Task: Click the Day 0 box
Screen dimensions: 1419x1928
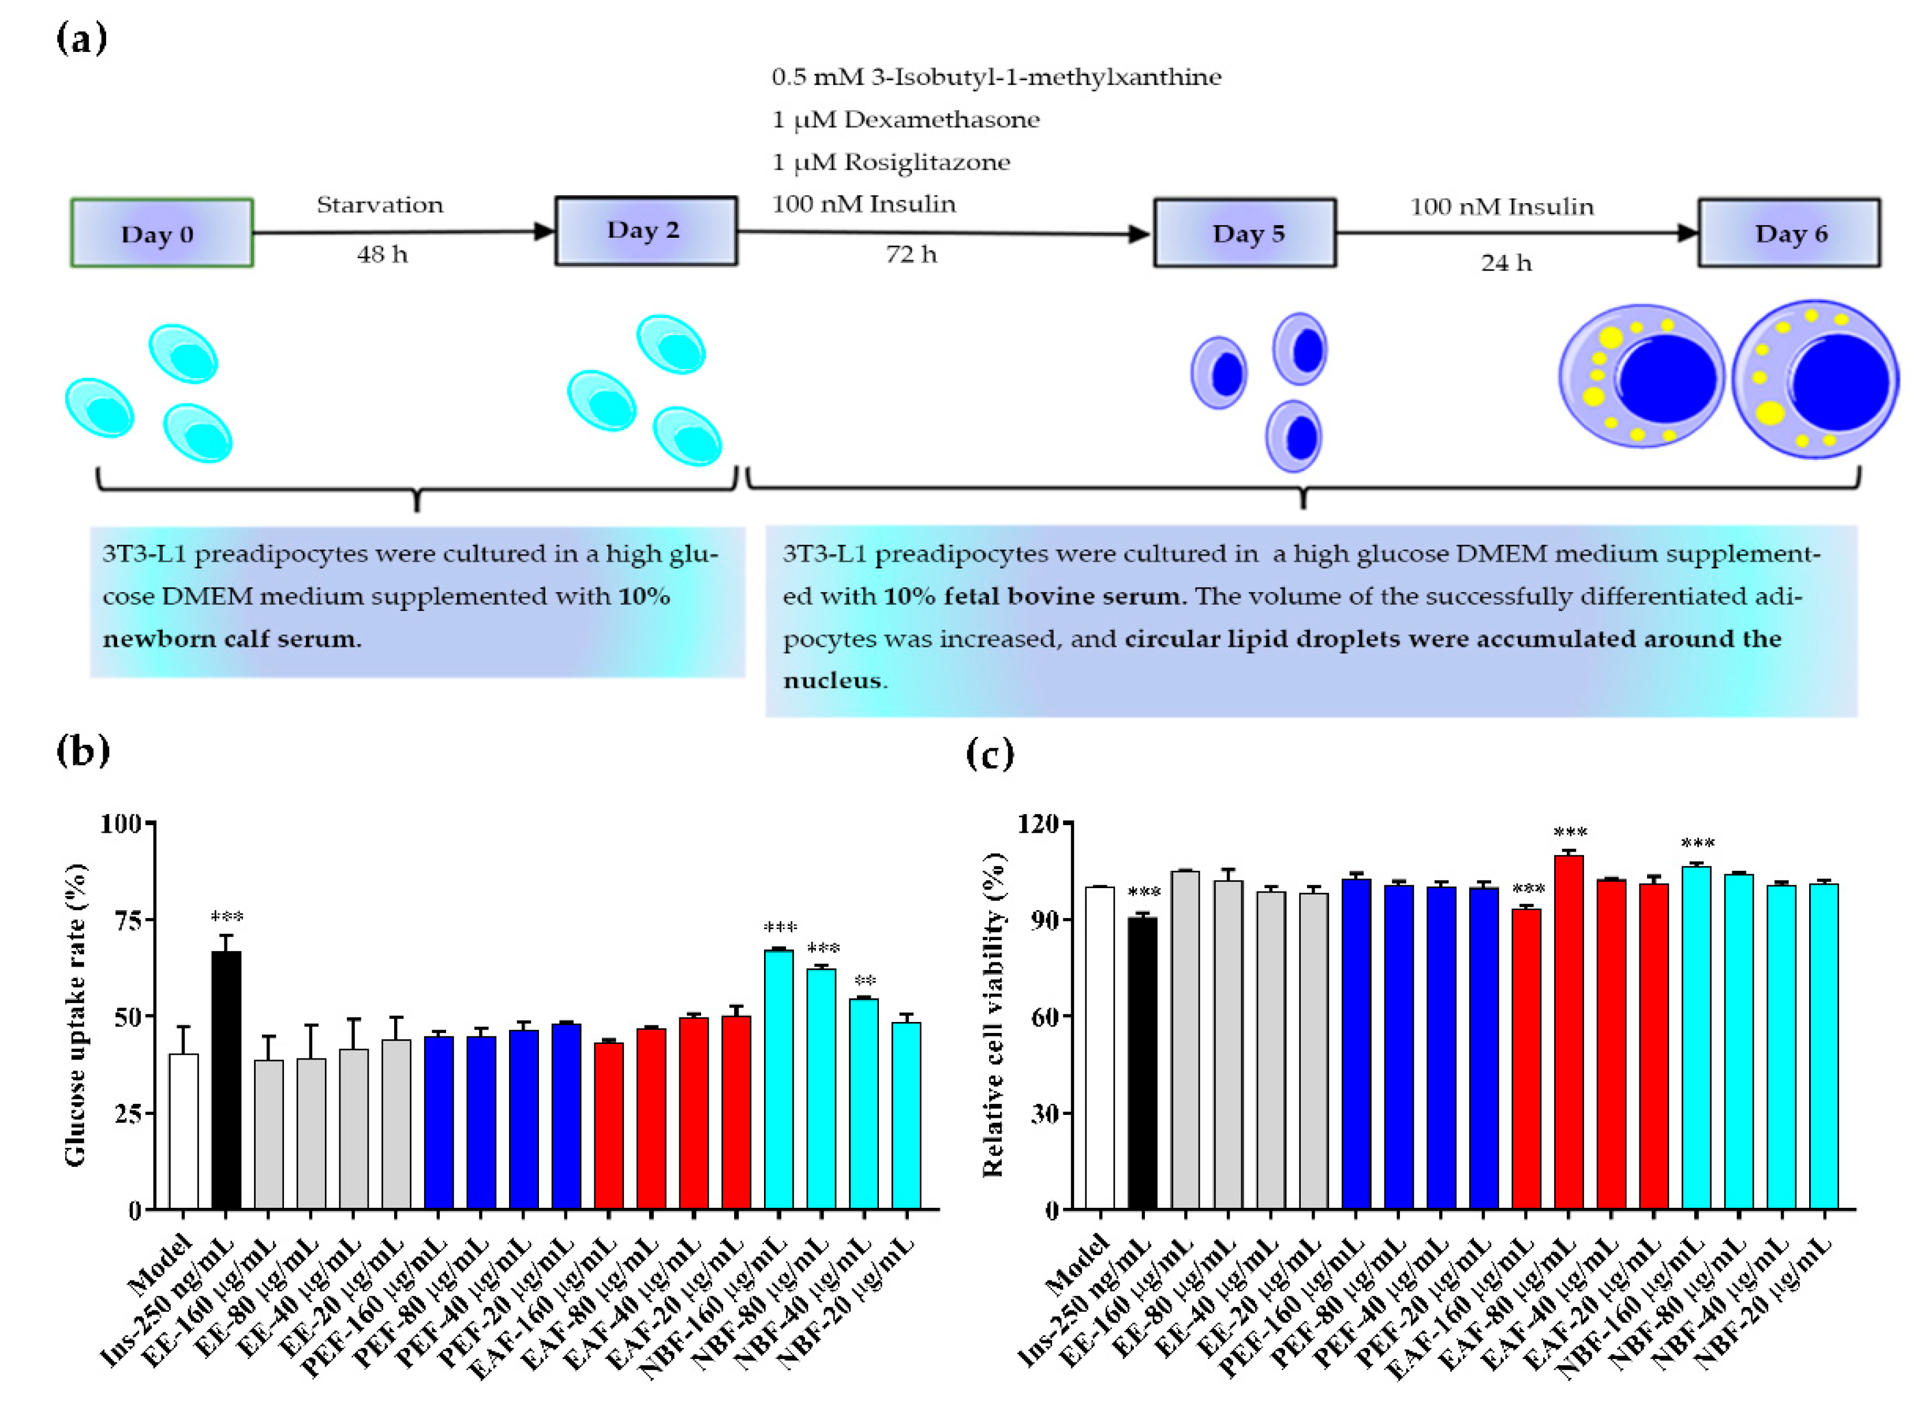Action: point(162,233)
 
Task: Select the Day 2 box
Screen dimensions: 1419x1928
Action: point(645,230)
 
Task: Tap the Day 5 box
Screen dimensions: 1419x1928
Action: point(1244,233)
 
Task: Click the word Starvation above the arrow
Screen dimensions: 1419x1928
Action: point(380,204)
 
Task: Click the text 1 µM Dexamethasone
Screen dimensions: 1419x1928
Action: point(905,119)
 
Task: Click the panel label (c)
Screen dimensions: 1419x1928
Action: point(989,754)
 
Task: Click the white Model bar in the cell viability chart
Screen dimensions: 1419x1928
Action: point(1099,1048)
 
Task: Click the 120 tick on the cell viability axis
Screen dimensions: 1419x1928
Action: point(1038,823)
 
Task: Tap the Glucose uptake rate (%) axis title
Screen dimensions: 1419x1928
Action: point(76,1015)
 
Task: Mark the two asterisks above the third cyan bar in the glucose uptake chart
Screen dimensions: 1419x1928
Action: point(864,980)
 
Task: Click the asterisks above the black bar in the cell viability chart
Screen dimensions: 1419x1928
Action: point(1143,893)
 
